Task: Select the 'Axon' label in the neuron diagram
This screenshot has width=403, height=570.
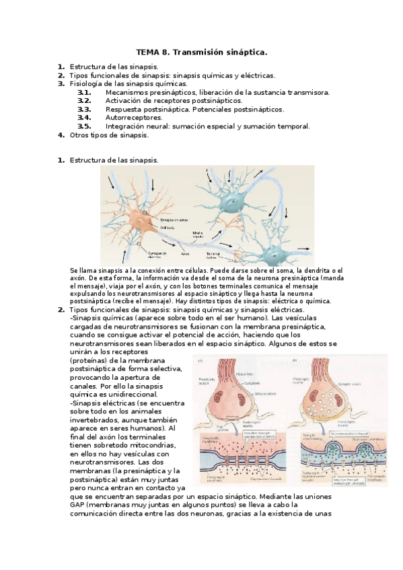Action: point(185,253)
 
